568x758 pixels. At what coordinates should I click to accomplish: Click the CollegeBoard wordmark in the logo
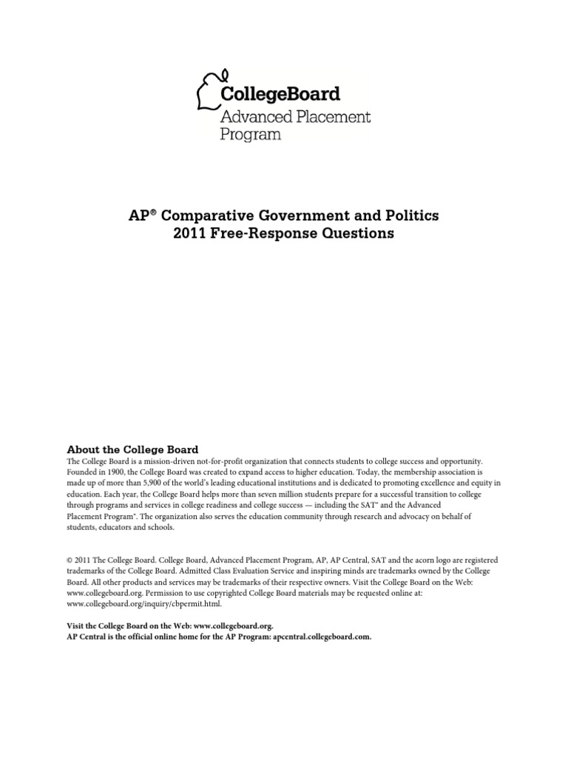[x=280, y=94]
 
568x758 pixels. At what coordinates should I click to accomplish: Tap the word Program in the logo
[x=251, y=135]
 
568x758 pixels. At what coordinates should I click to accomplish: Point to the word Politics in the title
[x=413, y=215]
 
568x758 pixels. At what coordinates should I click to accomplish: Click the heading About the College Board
[x=132, y=449]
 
